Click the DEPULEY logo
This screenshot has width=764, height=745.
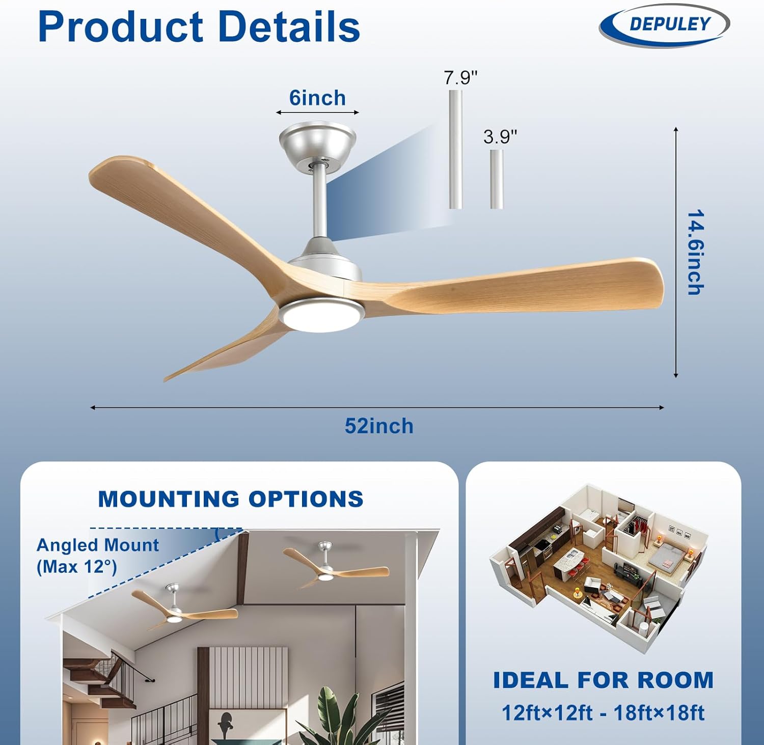664,24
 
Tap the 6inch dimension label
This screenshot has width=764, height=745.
317,98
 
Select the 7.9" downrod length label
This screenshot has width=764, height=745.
460,78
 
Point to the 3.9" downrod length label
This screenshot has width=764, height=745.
500,136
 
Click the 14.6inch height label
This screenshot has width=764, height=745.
695,252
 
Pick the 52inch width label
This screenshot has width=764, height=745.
379,426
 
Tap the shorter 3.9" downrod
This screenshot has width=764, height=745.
497,179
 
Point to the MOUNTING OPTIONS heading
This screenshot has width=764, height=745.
231,499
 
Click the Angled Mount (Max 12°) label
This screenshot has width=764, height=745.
97,556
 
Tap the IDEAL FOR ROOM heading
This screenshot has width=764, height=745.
603,680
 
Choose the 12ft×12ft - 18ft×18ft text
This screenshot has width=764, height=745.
603,713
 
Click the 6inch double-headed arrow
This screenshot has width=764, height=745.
317,113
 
